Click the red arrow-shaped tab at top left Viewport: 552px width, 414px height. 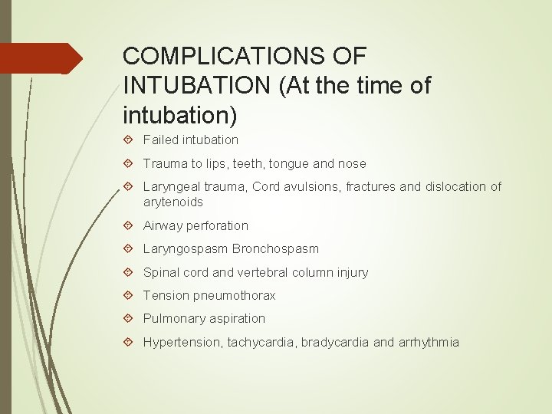41,58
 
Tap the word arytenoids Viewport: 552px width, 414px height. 173,202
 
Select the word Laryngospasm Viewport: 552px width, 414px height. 186,248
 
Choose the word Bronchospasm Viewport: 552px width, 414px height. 276,248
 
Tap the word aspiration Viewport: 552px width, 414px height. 236,318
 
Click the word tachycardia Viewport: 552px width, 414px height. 262,342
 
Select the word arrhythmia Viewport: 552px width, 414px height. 429,342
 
